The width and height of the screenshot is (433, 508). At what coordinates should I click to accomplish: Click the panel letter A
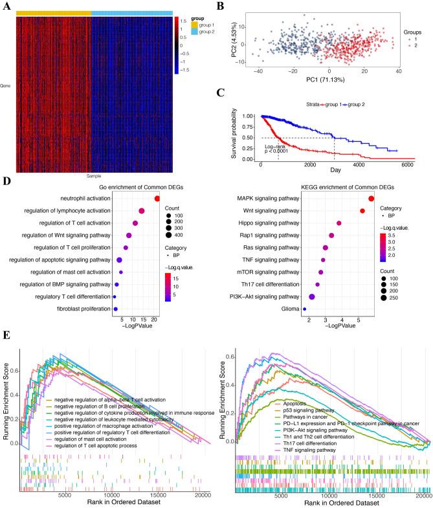(6, 5)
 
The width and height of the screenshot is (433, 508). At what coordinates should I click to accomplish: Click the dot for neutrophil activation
(157, 199)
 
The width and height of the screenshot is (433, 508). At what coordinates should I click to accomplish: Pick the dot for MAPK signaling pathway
(372, 199)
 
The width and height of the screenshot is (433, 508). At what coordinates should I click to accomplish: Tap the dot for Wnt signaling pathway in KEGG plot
(362, 211)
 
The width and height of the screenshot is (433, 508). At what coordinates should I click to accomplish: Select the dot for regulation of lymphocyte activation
(141, 211)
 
